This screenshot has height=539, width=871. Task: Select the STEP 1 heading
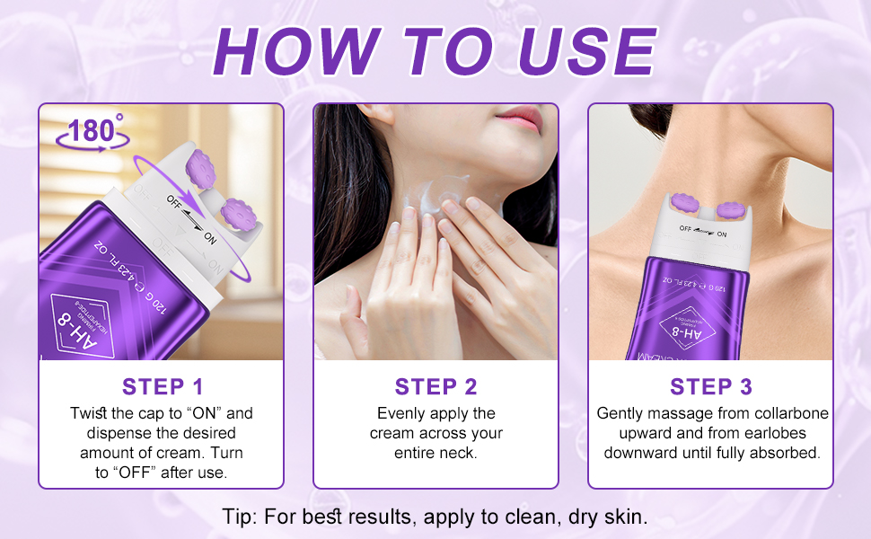point(163,387)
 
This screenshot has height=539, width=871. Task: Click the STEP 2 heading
point(435,387)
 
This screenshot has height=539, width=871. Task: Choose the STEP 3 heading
point(710,387)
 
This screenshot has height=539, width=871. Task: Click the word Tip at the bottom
point(240,517)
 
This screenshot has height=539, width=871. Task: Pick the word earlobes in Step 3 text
point(775,433)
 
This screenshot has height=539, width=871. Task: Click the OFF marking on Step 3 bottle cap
point(690,231)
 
